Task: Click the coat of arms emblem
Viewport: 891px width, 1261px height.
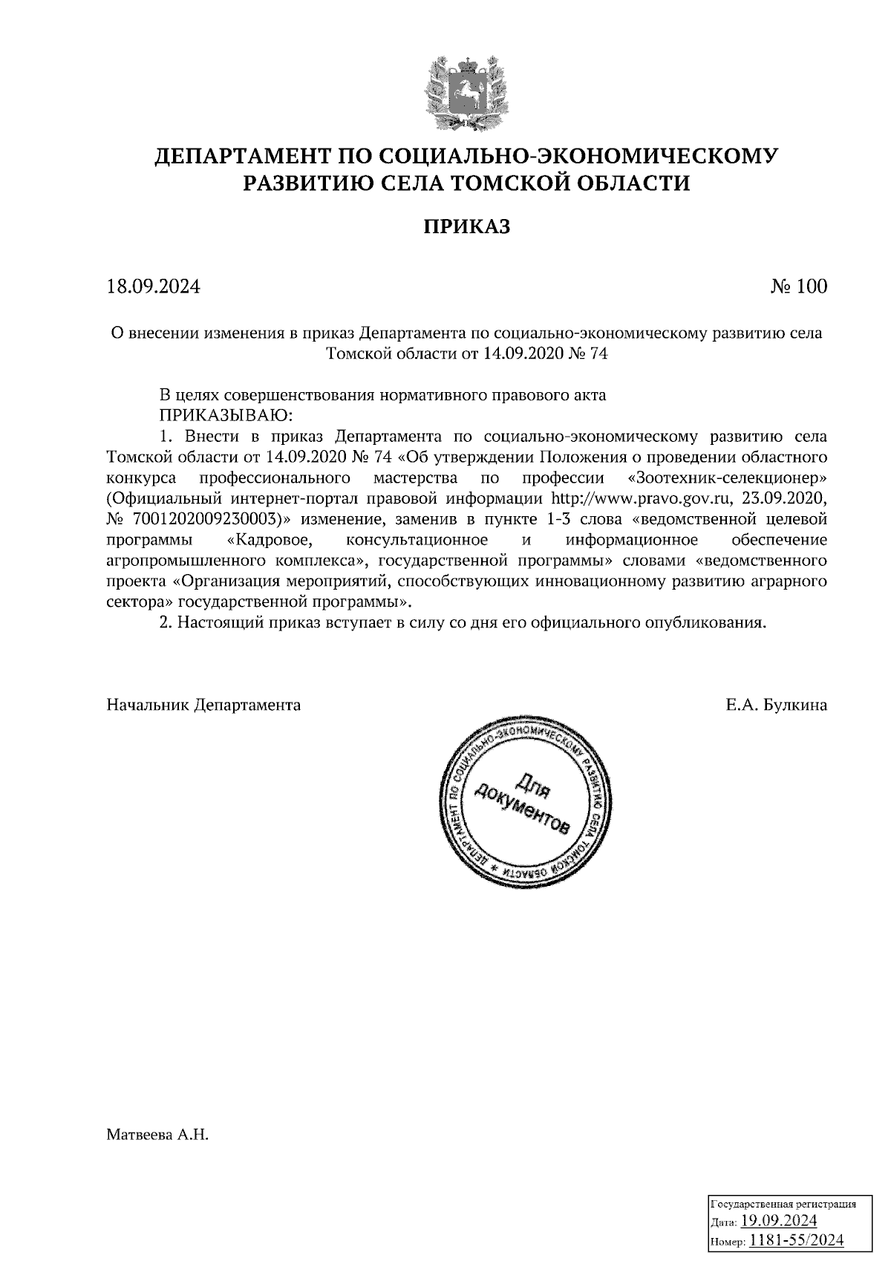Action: pos(467,92)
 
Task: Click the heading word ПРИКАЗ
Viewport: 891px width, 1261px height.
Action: pos(467,227)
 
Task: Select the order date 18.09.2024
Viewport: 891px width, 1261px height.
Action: pos(154,287)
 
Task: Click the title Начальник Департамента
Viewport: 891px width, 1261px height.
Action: pos(204,705)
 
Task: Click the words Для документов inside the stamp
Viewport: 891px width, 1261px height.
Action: pos(524,804)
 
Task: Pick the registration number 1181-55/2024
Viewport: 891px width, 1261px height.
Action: pos(796,1239)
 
